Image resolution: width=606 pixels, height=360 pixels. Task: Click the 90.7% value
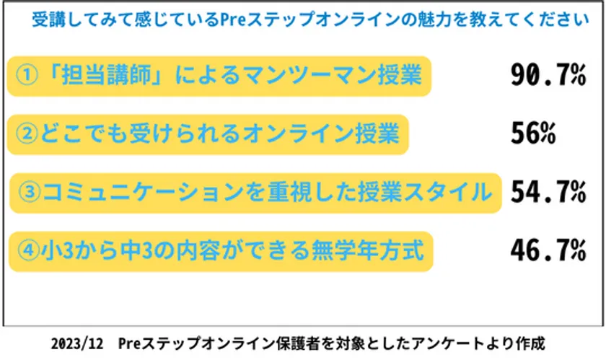tap(548, 74)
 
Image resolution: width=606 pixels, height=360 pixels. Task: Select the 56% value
tap(533, 133)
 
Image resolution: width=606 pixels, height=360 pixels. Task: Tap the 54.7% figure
tap(548, 192)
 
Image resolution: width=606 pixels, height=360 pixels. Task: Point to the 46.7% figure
tap(548, 250)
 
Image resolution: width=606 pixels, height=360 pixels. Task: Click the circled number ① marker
tap(27, 74)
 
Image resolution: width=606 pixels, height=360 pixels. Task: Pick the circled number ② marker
tap(26, 133)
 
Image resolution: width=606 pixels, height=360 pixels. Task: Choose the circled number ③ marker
tap(30, 192)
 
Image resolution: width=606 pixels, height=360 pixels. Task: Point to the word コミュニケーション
tap(143, 192)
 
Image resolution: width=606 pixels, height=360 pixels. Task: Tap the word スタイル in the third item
tap(444, 192)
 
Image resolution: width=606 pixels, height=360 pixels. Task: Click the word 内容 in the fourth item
tap(198, 250)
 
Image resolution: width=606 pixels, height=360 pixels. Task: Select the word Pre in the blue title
tap(232, 19)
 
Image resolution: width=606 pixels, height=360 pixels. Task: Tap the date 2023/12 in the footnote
tap(77, 343)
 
